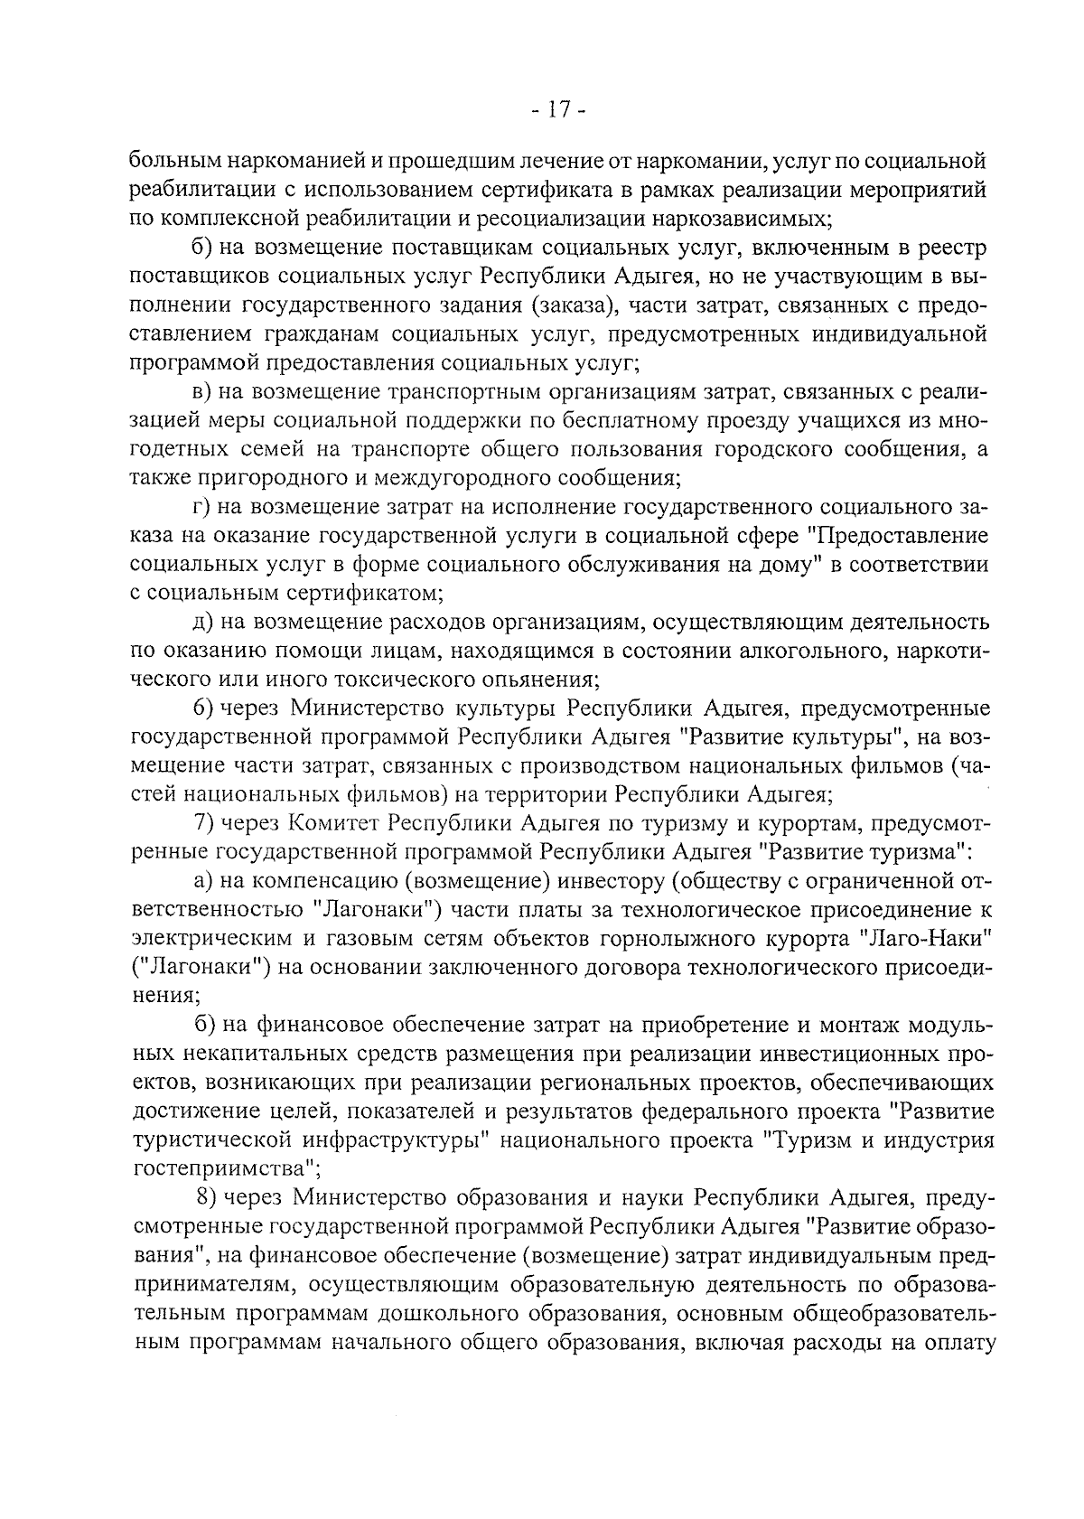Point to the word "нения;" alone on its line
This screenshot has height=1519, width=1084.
165,996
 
